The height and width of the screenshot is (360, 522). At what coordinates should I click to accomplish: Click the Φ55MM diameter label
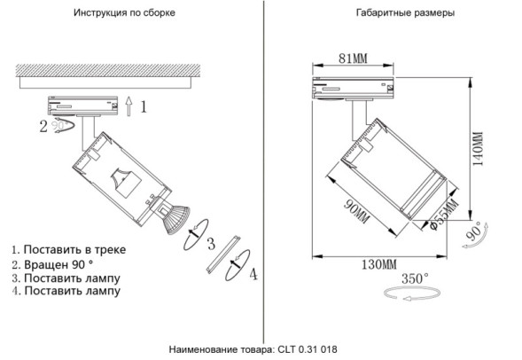[440, 214]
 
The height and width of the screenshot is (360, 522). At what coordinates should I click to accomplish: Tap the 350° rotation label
[414, 278]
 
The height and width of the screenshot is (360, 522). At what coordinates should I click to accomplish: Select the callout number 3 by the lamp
[210, 244]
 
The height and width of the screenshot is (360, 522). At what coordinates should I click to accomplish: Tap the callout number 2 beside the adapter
[43, 126]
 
